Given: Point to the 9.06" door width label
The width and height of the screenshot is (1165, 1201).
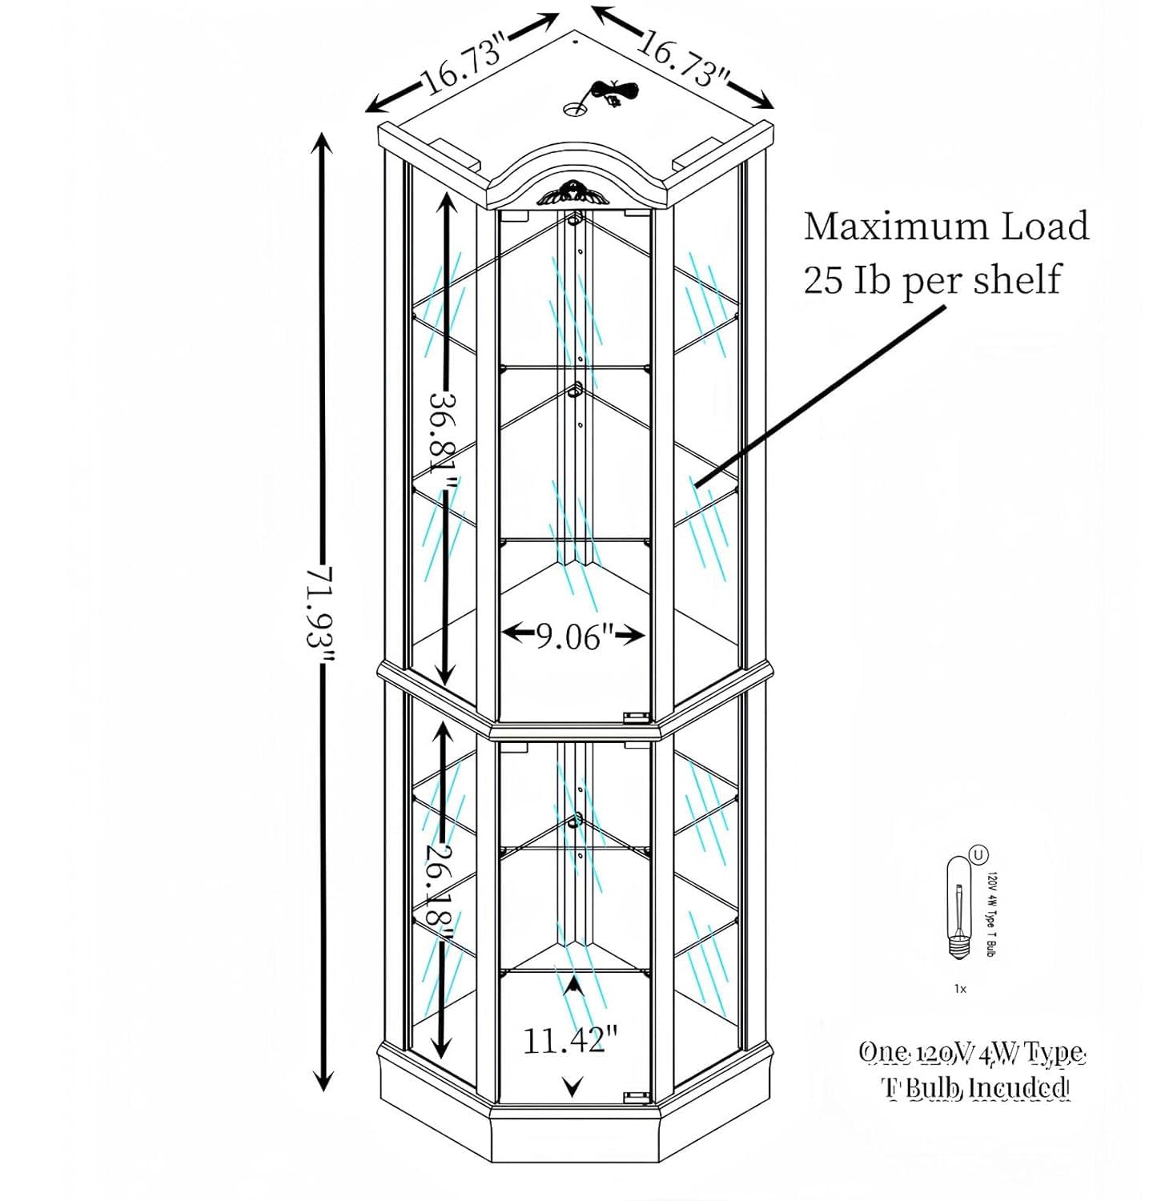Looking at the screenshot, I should click(x=573, y=636).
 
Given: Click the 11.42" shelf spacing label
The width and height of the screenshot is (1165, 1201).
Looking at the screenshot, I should click(x=570, y=1040).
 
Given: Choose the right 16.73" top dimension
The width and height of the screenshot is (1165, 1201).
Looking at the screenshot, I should click(x=684, y=61).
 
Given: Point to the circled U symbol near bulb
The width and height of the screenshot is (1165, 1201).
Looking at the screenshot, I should click(x=978, y=854).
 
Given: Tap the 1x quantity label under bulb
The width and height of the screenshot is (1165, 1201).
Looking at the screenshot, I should click(x=960, y=989).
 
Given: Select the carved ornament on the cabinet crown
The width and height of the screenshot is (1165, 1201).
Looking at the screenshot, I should click(x=570, y=192).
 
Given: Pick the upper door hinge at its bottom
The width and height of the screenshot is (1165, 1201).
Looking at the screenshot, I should click(x=637, y=715).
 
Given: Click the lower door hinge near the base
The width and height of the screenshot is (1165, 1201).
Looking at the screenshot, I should click(x=637, y=1096).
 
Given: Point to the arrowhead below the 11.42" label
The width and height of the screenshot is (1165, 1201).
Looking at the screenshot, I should click(x=571, y=1087).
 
